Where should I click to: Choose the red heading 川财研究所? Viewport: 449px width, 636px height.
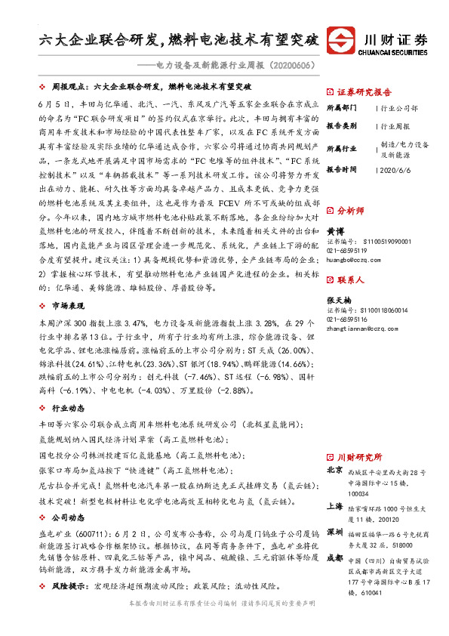[359, 457]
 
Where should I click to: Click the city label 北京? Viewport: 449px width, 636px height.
[334, 471]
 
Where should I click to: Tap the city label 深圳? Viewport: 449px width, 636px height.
[334, 533]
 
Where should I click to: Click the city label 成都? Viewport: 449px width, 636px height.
[334, 558]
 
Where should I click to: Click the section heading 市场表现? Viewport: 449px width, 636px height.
[67, 305]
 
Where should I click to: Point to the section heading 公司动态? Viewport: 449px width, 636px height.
[67, 519]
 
